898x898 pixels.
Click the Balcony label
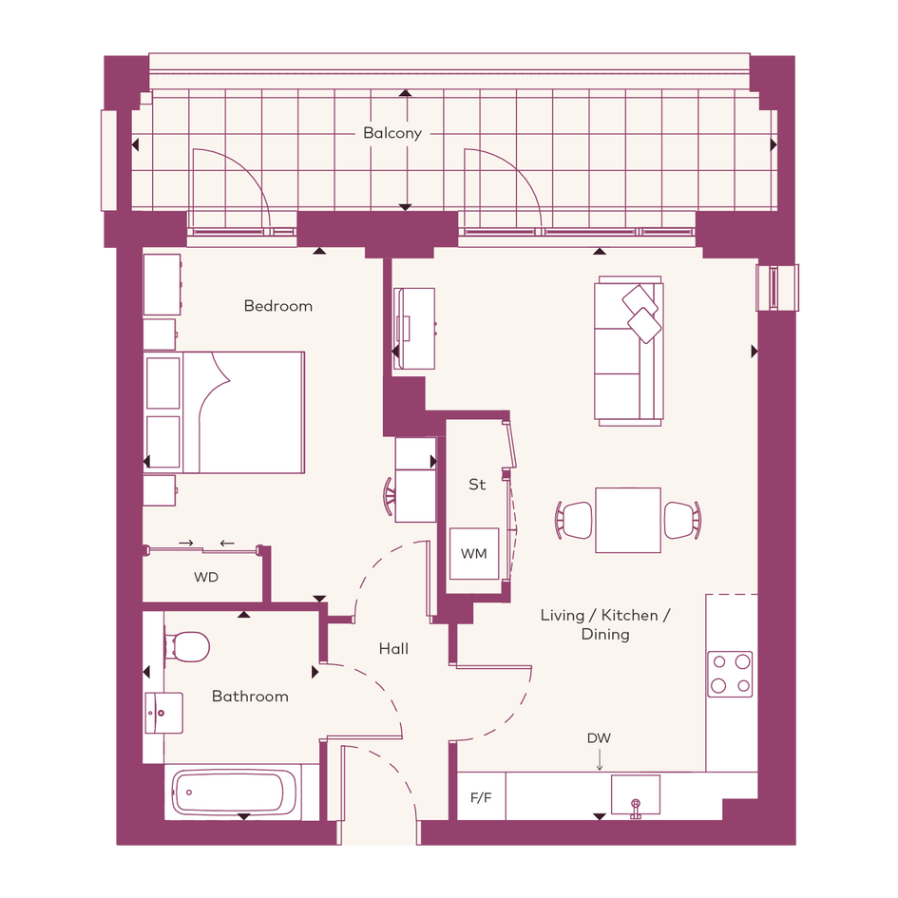click(392, 133)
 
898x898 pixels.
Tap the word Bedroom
click(278, 306)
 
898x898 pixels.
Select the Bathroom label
click(250, 697)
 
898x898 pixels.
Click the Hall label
click(394, 649)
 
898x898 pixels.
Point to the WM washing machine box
click(474, 554)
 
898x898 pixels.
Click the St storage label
click(477, 485)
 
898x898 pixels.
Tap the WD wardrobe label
click(206, 578)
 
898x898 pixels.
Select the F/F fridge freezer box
click(481, 796)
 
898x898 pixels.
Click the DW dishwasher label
click(599, 738)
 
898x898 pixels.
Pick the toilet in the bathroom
click(186, 646)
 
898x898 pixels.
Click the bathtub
click(234, 793)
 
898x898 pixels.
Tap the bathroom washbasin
click(163, 713)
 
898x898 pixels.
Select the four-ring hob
click(730, 674)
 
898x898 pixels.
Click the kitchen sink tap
click(636, 808)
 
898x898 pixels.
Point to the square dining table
click(628, 520)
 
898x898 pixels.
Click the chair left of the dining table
click(574, 520)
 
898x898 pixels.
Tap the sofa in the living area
click(629, 351)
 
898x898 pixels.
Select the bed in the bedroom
click(224, 412)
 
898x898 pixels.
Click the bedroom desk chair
click(390, 496)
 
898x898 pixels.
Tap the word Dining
click(605, 635)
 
